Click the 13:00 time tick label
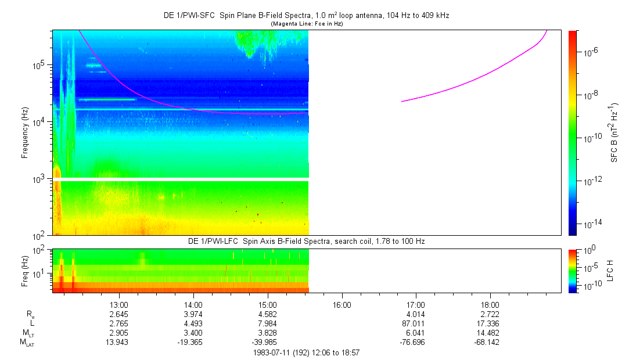point(118,305)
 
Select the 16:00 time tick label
point(342,305)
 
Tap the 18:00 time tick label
point(490,305)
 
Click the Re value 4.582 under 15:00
point(268,314)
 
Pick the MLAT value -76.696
point(412,343)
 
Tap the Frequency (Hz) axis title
point(25,133)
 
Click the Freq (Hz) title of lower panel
point(25,271)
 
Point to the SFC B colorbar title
point(614,133)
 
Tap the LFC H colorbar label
point(610,271)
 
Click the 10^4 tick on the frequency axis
point(41,122)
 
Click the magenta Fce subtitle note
point(307,24)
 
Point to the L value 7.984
point(268,323)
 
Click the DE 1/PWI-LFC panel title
point(307,242)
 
